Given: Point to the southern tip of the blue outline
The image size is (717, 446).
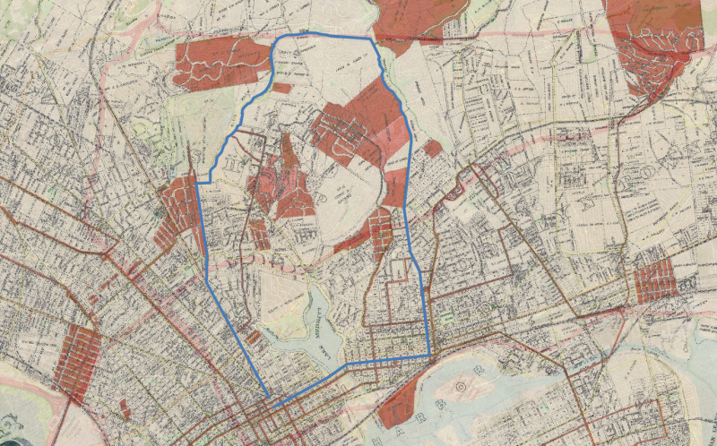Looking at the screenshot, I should (x=270, y=399).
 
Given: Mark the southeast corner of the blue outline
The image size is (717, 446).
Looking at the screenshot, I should (x=429, y=356).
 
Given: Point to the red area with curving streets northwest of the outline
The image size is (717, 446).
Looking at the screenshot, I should (x=215, y=63).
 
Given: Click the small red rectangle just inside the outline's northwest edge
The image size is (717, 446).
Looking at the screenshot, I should (x=281, y=88).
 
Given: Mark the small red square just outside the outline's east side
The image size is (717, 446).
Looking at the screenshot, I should (x=433, y=148).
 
